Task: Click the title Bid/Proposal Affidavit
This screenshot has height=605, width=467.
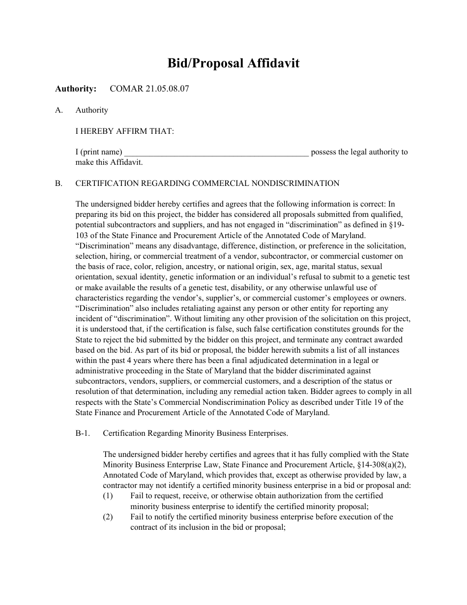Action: coord(233,63)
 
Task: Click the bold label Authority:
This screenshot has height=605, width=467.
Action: coord(76,89)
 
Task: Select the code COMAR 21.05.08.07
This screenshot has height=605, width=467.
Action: coord(149,89)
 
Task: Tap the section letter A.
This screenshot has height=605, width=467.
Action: coord(59,110)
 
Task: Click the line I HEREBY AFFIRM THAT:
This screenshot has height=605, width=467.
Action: coord(124,131)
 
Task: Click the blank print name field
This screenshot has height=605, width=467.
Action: coord(216,152)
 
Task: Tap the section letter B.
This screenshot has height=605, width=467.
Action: coord(59,183)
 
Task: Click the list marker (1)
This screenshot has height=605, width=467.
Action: coord(108,496)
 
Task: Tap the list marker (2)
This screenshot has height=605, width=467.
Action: coord(108,517)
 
